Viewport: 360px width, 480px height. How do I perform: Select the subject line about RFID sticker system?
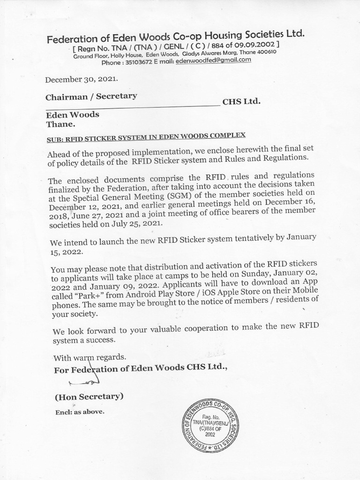(x=146, y=137)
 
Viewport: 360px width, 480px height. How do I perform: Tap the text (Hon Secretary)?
(x=89, y=397)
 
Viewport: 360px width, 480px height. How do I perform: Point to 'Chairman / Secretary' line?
(x=91, y=97)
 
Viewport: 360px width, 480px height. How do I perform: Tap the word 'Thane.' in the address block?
(x=60, y=125)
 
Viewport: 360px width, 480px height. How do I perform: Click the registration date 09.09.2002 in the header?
(x=253, y=45)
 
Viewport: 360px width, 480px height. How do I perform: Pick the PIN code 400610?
(x=266, y=52)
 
